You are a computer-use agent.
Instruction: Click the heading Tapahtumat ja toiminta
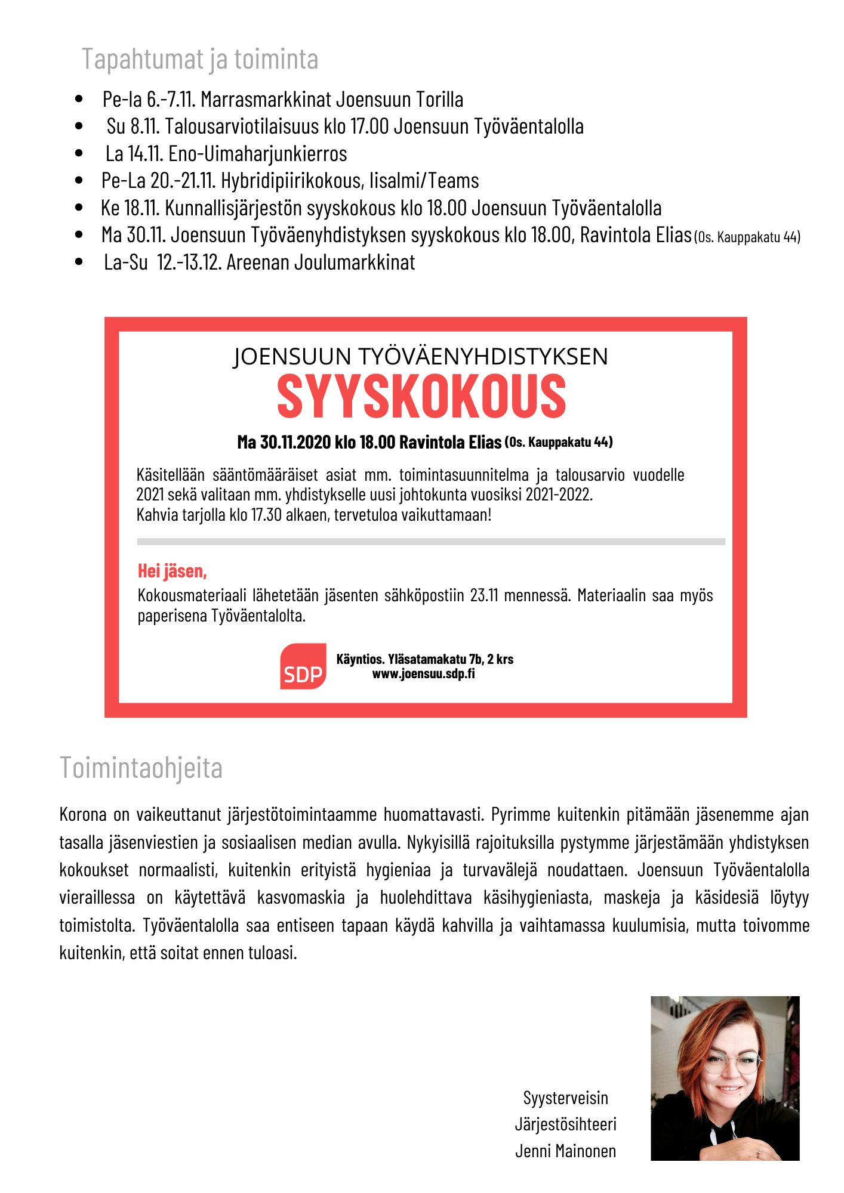tap(200, 60)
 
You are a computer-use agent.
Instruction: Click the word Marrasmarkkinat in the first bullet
tap(266, 100)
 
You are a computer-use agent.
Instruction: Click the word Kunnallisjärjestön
tap(233, 208)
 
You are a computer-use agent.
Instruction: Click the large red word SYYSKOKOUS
tap(421, 396)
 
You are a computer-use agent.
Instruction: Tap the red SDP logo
tap(303, 666)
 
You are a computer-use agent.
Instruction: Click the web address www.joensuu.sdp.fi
tap(424, 674)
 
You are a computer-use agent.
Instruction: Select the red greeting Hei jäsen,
tap(172, 571)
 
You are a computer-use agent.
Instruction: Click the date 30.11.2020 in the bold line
tap(295, 443)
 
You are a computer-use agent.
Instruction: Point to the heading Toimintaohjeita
tap(141, 768)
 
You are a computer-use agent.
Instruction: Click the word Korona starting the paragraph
tap(83, 815)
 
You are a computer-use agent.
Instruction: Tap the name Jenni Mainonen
tap(565, 1151)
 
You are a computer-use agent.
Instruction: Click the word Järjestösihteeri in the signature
tap(565, 1124)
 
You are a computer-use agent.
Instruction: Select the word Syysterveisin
tap(565, 1098)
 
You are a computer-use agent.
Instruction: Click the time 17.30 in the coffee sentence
tap(266, 515)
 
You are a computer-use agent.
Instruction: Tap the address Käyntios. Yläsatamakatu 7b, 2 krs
tap(425, 659)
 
